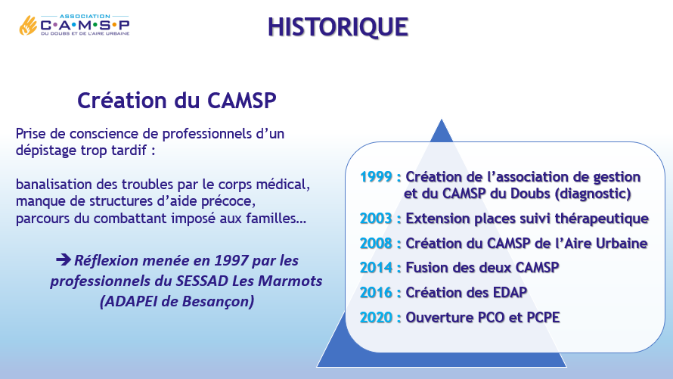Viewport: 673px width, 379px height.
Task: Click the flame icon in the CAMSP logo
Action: [28, 26]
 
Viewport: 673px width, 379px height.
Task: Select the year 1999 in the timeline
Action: [376, 176]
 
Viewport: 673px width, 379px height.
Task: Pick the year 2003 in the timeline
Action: [376, 219]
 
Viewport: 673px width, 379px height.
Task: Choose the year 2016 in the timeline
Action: [376, 292]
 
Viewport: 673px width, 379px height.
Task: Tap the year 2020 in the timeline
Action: [376, 317]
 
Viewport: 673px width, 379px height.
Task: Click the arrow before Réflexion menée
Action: [64, 260]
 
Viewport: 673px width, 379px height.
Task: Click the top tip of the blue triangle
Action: [441, 119]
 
